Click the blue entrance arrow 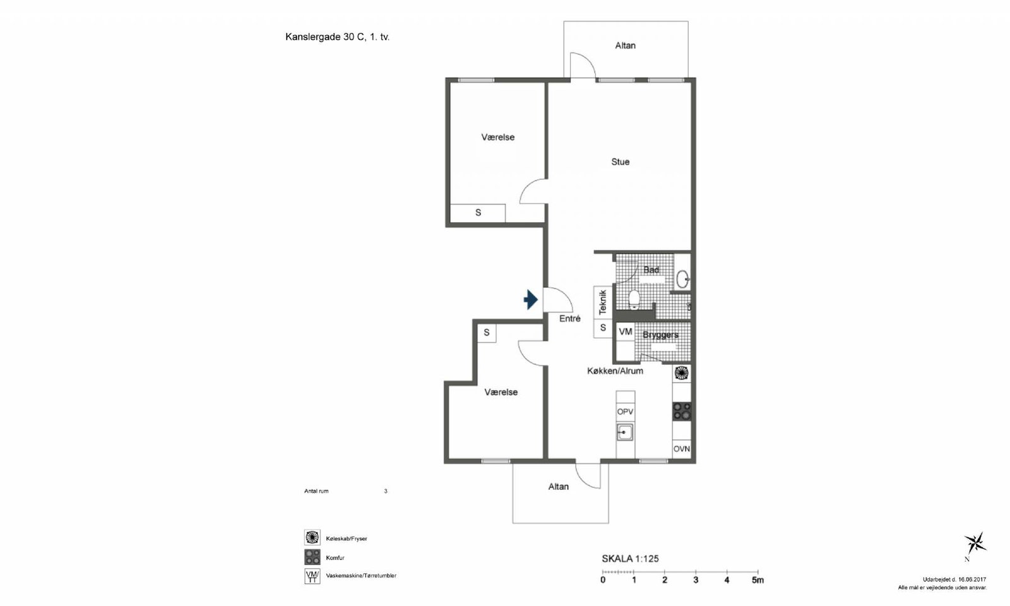pyautogui.click(x=531, y=299)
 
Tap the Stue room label pyautogui.click(x=620, y=162)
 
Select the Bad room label pyautogui.click(x=651, y=270)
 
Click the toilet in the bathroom pyautogui.click(x=634, y=299)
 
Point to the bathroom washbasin pyautogui.click(x=682, y=279)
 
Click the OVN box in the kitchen pyautogui.click(x=682, y=449)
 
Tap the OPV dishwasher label pyautogui.click(x=625, y=412)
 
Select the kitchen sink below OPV pyautogui.click(x=625, y=432)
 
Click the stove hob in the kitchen pyautogui.click(x=682, y=411)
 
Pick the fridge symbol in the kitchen pyautogui.click(x=681, y=373)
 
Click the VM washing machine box pyautogui.click(x=626, y=332)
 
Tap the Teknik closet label pyautogui.click(x=603, y=302)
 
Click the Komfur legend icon pyautogui.click(x=312, y=557)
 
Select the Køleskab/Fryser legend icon pyautogui.click(x=312, y=537)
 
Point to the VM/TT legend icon pyautogui.click(x=312, y=576)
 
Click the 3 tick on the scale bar pyautogui.click(x=696, y=572)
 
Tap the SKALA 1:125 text pyautogui.click(x=631, y=559)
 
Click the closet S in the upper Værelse pyautogui.click(x=478, y=213)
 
